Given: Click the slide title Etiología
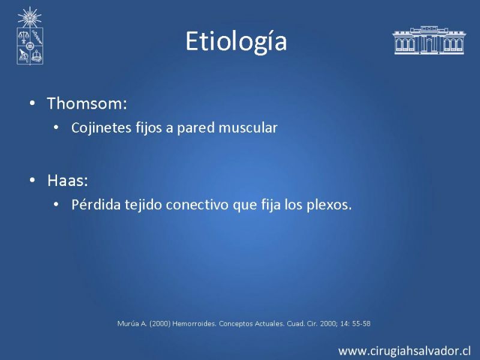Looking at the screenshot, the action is point(236,41).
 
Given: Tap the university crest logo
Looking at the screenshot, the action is point(29,36).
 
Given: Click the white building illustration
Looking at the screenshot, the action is point(429,40).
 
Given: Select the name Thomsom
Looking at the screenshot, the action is point(87,103).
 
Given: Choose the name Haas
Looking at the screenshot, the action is point(68,181).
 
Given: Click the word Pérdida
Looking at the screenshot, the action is point(96,205).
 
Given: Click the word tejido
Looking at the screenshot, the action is point(143,205).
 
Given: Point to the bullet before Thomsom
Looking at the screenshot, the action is point(32,103).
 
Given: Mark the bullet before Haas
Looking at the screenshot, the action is point(32,180).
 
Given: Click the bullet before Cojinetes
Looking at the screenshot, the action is point(56,127).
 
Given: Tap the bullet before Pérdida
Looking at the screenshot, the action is point(56,204).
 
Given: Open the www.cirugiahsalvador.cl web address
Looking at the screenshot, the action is point(404,351).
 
